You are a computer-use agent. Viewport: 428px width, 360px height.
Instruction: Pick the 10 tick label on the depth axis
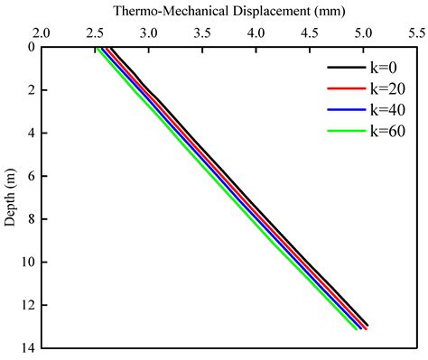click(x=27, y=263)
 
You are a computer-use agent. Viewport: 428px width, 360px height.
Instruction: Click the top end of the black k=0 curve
click(x=111, y=49)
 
